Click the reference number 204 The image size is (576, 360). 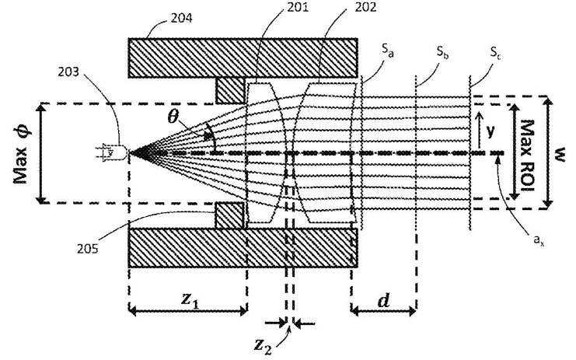pos(181,18)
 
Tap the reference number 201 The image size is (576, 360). pos(298,7)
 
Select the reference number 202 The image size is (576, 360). pos(365,7)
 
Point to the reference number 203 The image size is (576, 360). pos(68,72)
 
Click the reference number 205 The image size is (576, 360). pos(87,249)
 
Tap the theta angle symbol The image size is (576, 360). pos(173,117)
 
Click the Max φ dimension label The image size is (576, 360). pos(22,152)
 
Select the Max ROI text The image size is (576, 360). pos(528,155)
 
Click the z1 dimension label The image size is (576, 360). pos(190,300)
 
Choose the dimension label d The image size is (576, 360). pos(383,300)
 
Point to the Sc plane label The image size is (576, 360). pos(496,53)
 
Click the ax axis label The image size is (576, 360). pos(539,240)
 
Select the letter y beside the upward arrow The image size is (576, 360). pos(490,130)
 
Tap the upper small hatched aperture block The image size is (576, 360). pos(230,90)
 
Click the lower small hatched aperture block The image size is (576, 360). pos(229,215)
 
